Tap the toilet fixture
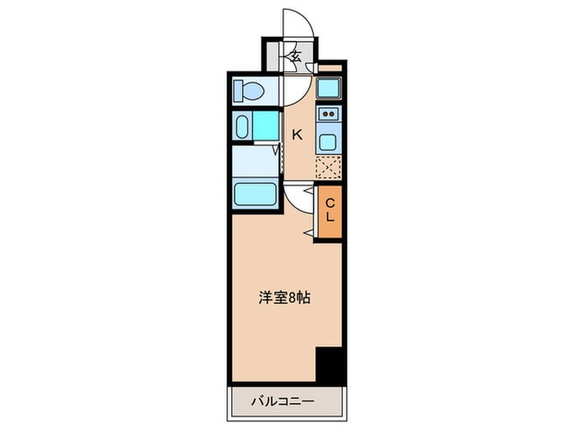pyautogui.click(x=248, y=90)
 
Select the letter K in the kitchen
pyautogui.click(x=298, y=135)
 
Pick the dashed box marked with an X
pyautogui.click(x=328, y=168)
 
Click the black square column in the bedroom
pyautogui.click(x=329, y=364)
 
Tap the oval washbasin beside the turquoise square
pyautogui.click(x=243, y=126)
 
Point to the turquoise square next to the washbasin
pyautogui.click(x=266, y=125)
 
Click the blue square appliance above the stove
pyautogui.click(x=329, y=88)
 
